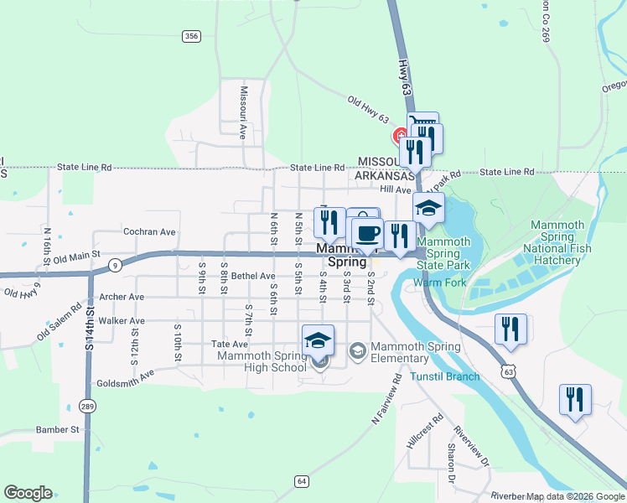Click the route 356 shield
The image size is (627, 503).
(x=192, y=35)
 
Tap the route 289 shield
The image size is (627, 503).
(x=88, y=407)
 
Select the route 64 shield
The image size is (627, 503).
(x=302, y=481)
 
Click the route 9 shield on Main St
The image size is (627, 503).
(x=114, y=265)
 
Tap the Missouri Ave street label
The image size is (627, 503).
(x=243, y=111)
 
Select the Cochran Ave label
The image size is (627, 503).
(x=149, y=231)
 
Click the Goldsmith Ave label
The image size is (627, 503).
(x=126, y=376)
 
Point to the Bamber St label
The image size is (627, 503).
(x=57, y=429)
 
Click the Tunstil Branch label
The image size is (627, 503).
(x=446, y=376)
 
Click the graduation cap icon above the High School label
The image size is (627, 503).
(x=318, y=340)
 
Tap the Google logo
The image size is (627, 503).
(x=28, y=493)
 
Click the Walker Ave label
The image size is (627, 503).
(x=121, y=321)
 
